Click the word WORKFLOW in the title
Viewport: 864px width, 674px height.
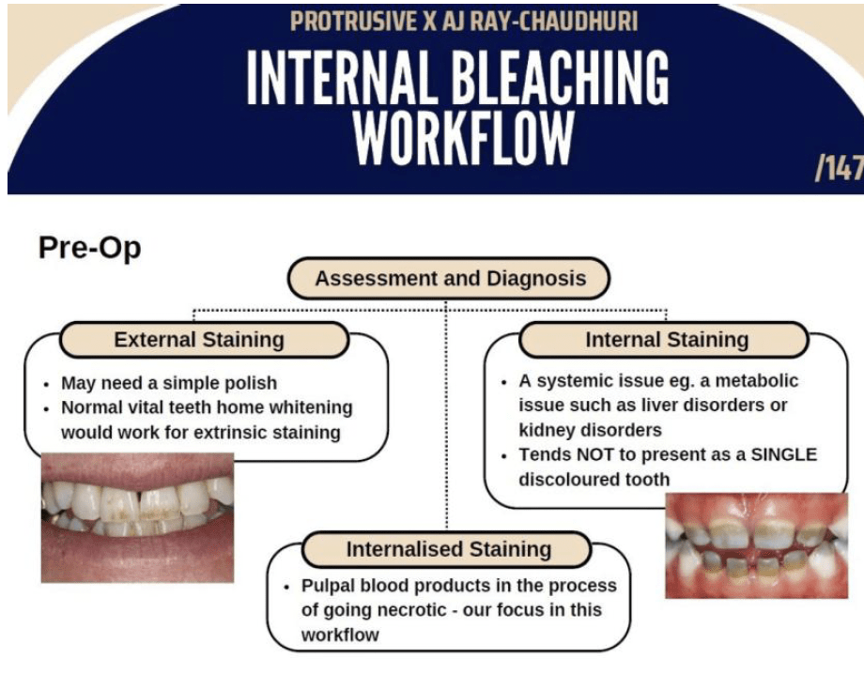(x=463, y=138)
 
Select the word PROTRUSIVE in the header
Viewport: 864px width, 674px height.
(x=353, y=22)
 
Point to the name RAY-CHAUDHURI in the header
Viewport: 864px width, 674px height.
(x=559, y=22)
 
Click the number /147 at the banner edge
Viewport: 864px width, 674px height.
(x=840, y=167)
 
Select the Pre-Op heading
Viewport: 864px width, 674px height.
(x=90, y=247)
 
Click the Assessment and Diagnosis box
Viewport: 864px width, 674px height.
(x=449, y=279)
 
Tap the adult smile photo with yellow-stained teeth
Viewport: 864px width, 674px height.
(x=138, y=517)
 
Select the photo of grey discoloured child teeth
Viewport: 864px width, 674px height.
(x=757, y=545)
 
